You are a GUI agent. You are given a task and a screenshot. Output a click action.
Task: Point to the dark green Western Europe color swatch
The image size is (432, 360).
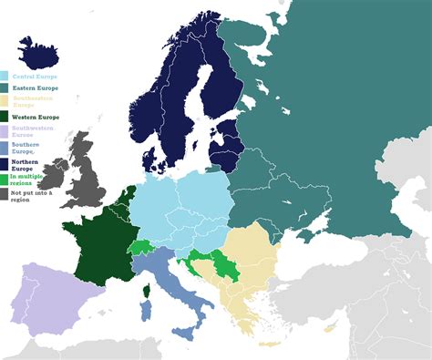[x=5, y=116]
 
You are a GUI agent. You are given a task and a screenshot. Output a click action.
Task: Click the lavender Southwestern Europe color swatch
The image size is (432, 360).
[x=5, y=131]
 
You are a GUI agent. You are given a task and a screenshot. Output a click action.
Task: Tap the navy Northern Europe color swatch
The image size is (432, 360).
[x=5, y=162]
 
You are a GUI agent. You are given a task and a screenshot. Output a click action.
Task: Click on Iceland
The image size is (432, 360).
[x=42, y=56]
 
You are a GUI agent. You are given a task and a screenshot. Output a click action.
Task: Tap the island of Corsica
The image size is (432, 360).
[x=145, y=292]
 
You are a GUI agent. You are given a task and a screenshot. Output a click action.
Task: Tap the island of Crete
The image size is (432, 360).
[x=270, y=344]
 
